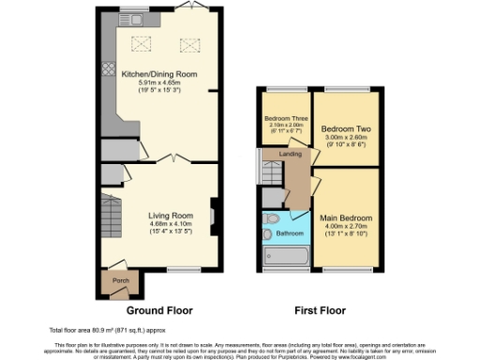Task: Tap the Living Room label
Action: coord(170,215)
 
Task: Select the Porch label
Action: coord(121,280)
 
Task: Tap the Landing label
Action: coord(290,155)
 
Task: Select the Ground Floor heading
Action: coord(159,309)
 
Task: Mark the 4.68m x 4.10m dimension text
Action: coord(170,223)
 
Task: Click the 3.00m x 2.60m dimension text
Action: coord(343,136)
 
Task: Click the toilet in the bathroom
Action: coord(272,218)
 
